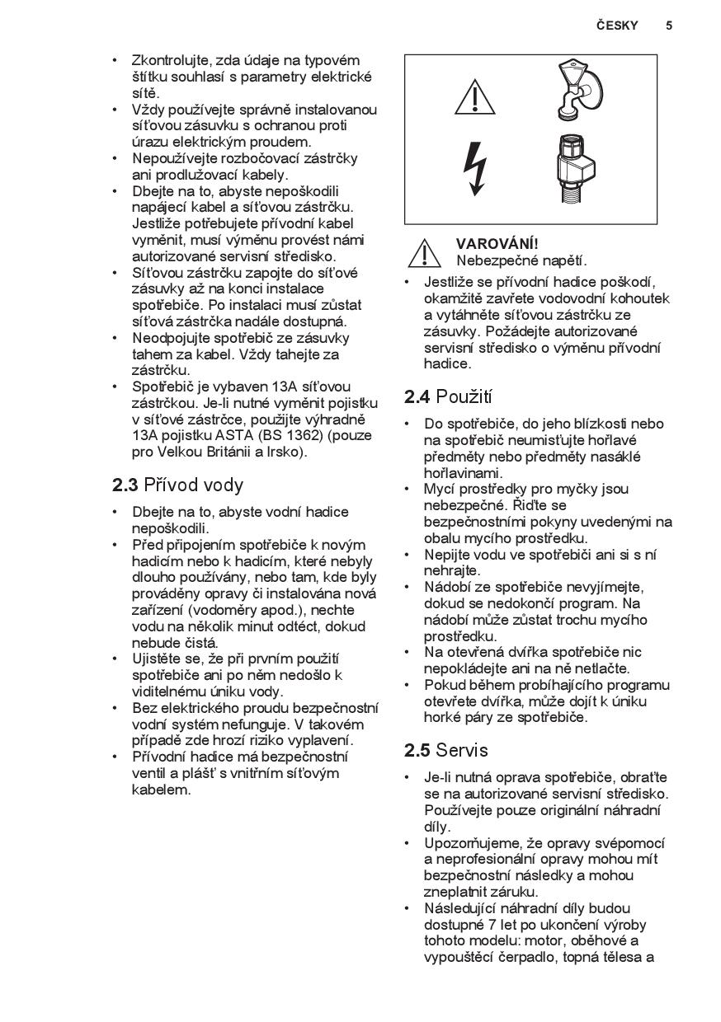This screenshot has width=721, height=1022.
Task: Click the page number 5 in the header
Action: click(x=669, y=26)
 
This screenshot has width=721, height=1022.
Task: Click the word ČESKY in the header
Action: click(x=617, y=26)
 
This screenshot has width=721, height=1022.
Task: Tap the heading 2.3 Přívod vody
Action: click(x=177, y=485)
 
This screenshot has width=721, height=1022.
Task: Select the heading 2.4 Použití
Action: click(x=448, y=397)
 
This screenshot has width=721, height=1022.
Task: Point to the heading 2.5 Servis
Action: click(x=445, y=751)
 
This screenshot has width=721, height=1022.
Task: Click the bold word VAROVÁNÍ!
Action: click(x=497, y=244)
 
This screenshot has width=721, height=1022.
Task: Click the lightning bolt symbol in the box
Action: click(x=475, y=169)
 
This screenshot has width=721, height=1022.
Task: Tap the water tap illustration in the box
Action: click(x=578, y=90)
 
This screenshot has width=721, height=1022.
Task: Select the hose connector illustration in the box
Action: click(x=580, y=169)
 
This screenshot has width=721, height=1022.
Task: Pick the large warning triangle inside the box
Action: click(x=474, y=97)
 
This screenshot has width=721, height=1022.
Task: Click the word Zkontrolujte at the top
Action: click(x=171, y=61)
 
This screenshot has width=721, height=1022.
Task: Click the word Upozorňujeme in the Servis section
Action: click(x=472, y=843)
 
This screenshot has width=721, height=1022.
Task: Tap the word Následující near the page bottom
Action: click(x=464, y=909)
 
